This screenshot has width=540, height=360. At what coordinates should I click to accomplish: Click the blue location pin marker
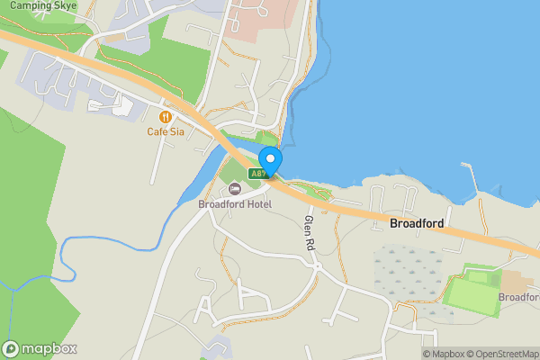pyautogui.click(x=270, y=161)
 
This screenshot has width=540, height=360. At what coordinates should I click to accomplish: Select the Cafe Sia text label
pyautogui.click(x=166, y=131)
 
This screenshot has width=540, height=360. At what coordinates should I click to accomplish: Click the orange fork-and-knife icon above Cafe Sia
pyautogui.click(x=166, y=116)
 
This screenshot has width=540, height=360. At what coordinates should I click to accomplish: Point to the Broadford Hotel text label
pyautogui.click(x=234, y=203)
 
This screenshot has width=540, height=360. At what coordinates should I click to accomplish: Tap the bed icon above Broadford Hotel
pyautogui.click(x=235, y=189)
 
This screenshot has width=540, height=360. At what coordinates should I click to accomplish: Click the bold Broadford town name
pyautogui.click(x=417, y=222)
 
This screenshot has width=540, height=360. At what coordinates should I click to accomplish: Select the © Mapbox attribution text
pyautogui.click(x=445, y=354)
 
